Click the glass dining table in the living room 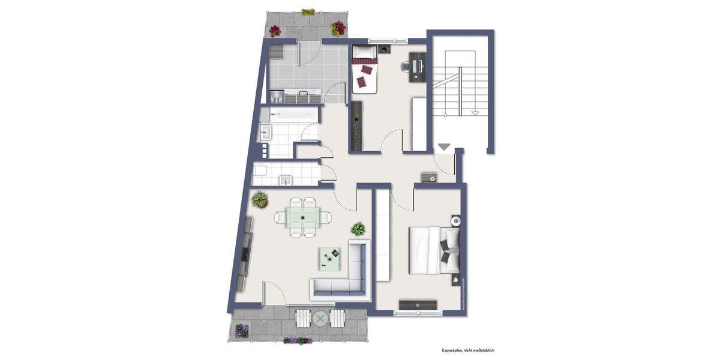coord(303,216)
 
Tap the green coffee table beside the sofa coord(329,258)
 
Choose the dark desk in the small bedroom coord(417,67)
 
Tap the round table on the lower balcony coord(320,319)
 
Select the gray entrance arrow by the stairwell coord(443,146)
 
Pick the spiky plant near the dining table coord(260,199)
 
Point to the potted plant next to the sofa coord(358,229)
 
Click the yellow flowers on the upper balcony coord(308,12)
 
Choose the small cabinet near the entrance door coord(429,176)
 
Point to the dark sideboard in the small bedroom coord(358,126)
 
